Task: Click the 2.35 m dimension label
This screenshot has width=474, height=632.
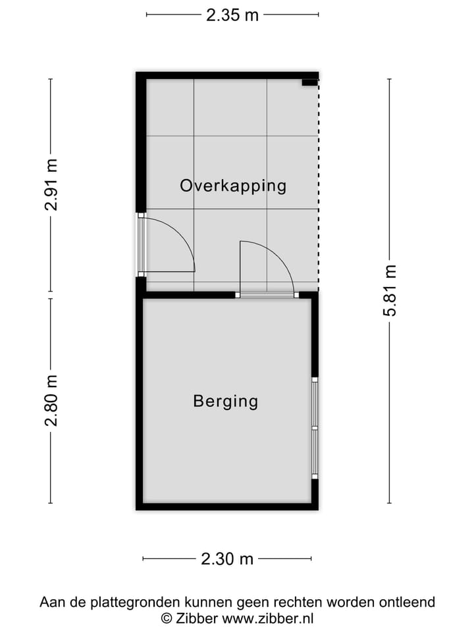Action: tap(232, 15)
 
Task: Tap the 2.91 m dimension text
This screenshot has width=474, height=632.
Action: tap(51, 185)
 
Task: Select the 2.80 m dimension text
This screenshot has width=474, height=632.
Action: tap(51, 400)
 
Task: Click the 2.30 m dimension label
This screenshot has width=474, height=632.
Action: tap(227, 559)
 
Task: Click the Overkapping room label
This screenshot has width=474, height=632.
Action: tap(233, 186)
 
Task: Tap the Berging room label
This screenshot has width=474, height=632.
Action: tap(225, 401)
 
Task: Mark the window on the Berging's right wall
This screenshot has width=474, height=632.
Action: tap(315, 428)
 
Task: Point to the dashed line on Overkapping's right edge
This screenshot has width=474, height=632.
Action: tap(318, 184)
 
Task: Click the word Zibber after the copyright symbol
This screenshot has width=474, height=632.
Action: tap(197, 618)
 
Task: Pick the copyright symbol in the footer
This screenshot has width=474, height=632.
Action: tap(167, 618)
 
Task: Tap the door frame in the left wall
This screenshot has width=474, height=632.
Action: tap(140, 245)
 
